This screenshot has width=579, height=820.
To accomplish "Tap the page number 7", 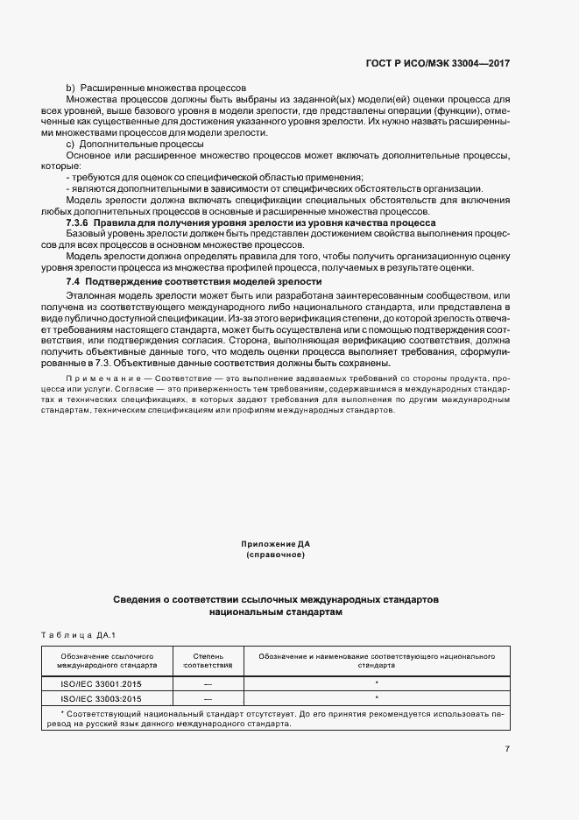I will [508, 748].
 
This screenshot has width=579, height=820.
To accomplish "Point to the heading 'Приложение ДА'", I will [276, 544].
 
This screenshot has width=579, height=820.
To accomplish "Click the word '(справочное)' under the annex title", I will [276, 555].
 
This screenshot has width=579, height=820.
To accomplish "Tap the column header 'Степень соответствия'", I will [208, 660].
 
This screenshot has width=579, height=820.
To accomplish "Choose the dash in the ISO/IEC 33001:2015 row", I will [208, 681].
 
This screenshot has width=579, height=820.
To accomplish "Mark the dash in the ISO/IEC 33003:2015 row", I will [208, 698].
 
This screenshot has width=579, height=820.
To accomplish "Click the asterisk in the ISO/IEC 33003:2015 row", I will [376, 697].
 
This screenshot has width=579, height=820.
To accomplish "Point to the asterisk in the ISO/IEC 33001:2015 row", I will [376, 680].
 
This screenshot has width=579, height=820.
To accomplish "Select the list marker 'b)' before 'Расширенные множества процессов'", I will [71, 88].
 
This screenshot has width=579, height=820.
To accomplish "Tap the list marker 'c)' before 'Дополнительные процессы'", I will [71, 144].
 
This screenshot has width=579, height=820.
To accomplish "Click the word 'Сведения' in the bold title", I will [137, 600].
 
